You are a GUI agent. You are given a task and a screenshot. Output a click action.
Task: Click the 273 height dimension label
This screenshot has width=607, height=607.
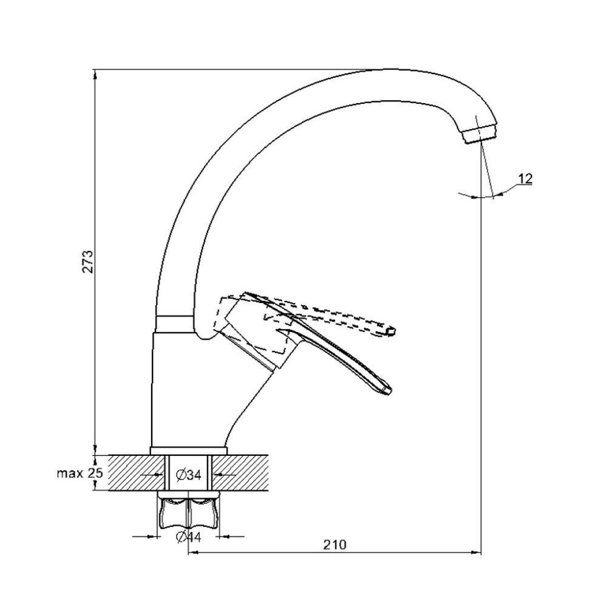pyautogui.click(x=89, y=260)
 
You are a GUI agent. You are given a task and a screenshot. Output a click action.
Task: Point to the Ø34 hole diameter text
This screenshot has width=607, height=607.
pyautogui.click(x=189, y=475)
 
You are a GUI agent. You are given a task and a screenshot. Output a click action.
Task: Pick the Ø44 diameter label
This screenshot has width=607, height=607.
pyautogui.click(x=188, y=536)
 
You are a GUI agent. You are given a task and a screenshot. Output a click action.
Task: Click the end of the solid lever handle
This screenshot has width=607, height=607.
pyautogui.click(x=386, y=388)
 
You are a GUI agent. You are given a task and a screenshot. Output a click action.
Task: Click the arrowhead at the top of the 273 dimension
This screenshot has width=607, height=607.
pyautogui.click(x=95, y=74)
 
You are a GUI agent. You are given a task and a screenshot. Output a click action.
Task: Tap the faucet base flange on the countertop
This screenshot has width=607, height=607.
pyautogui.click(x=188, y=450)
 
